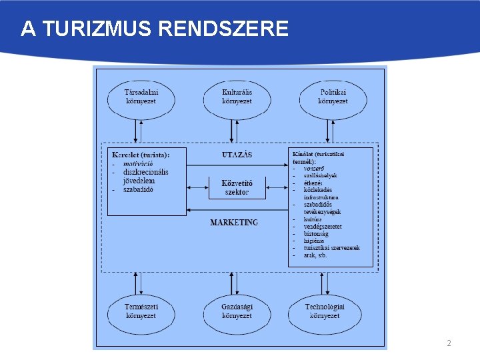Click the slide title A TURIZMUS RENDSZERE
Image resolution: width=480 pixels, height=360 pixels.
pos(155,29)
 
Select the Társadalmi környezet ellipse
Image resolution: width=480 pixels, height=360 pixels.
pos(141,97)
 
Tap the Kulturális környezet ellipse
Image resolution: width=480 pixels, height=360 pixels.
pos(237,97)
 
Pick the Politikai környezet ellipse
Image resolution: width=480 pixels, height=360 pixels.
pos(333,97)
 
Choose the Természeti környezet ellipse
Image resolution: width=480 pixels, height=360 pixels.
pos(141,311)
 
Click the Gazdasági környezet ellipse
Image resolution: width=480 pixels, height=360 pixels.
pos(237,311)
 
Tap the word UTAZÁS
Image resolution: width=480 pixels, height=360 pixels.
pos(237,155)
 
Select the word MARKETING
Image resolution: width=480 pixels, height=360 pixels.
pos(234,222)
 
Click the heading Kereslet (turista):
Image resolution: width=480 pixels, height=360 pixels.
pos(141,155)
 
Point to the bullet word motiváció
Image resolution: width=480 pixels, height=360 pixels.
pos(138,163)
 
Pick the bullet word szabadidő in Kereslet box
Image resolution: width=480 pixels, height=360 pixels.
pos(138,189)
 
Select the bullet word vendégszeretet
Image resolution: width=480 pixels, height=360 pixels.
pos(323,227)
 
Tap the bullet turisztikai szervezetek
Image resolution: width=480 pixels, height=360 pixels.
pos(331,248)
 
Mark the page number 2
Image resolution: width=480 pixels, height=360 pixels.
pos(449,343)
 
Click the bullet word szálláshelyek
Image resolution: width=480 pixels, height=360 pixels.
pos(321,175)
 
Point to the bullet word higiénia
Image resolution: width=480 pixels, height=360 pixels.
pos(315,241)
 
